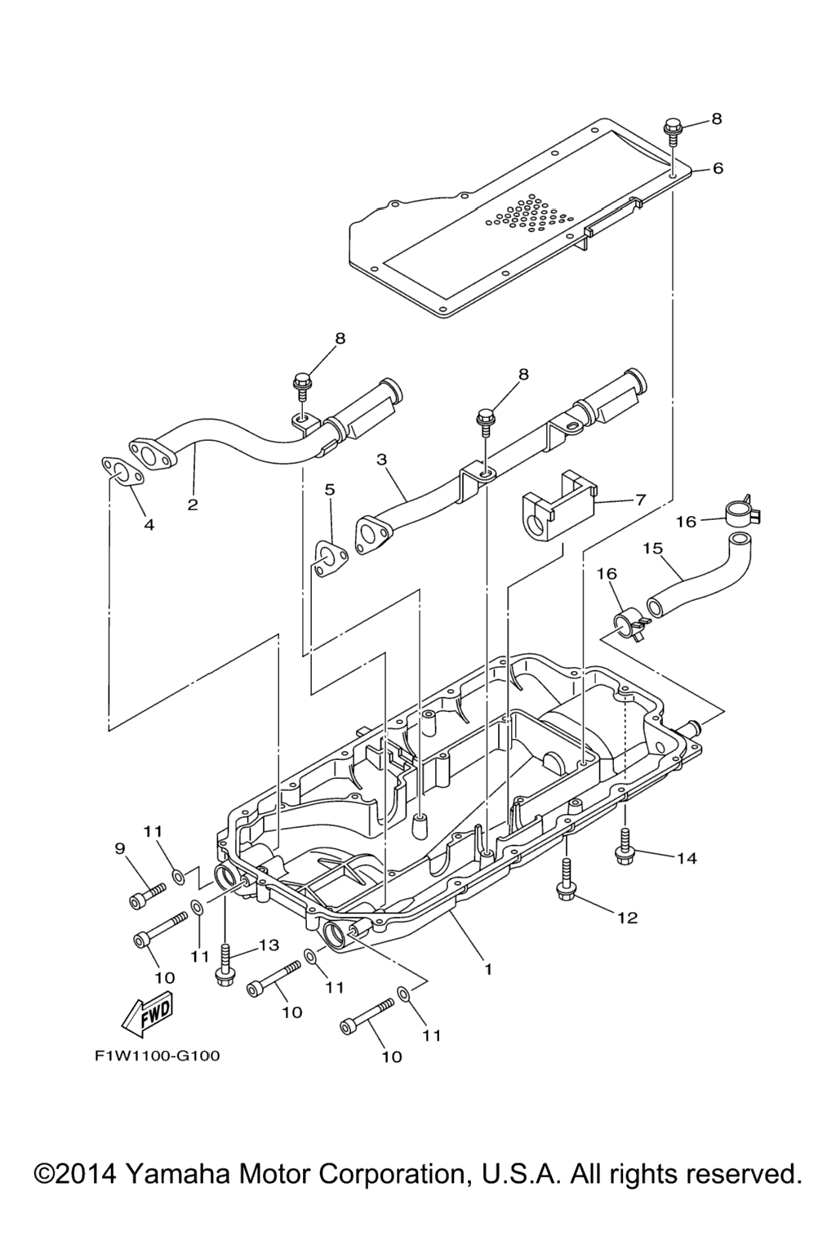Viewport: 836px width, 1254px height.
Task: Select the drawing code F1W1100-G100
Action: (157, 1056)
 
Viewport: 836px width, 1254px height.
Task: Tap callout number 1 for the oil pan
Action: (487, 969)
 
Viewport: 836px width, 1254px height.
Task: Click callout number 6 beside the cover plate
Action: (718, 168)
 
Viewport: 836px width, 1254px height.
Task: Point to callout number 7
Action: (640, 499)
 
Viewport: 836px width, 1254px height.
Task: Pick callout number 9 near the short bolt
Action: (120, 849)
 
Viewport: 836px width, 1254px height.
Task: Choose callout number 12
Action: (627, 918)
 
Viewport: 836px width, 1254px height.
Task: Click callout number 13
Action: (269, 945)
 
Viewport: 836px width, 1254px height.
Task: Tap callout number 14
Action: (687, 858)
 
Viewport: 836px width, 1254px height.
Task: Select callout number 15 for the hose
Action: (652, 548)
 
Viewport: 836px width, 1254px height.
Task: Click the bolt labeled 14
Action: (625, 847)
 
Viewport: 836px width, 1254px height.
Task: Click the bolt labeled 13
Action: (225, 964)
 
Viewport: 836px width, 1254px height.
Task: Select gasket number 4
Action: (119, 472)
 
